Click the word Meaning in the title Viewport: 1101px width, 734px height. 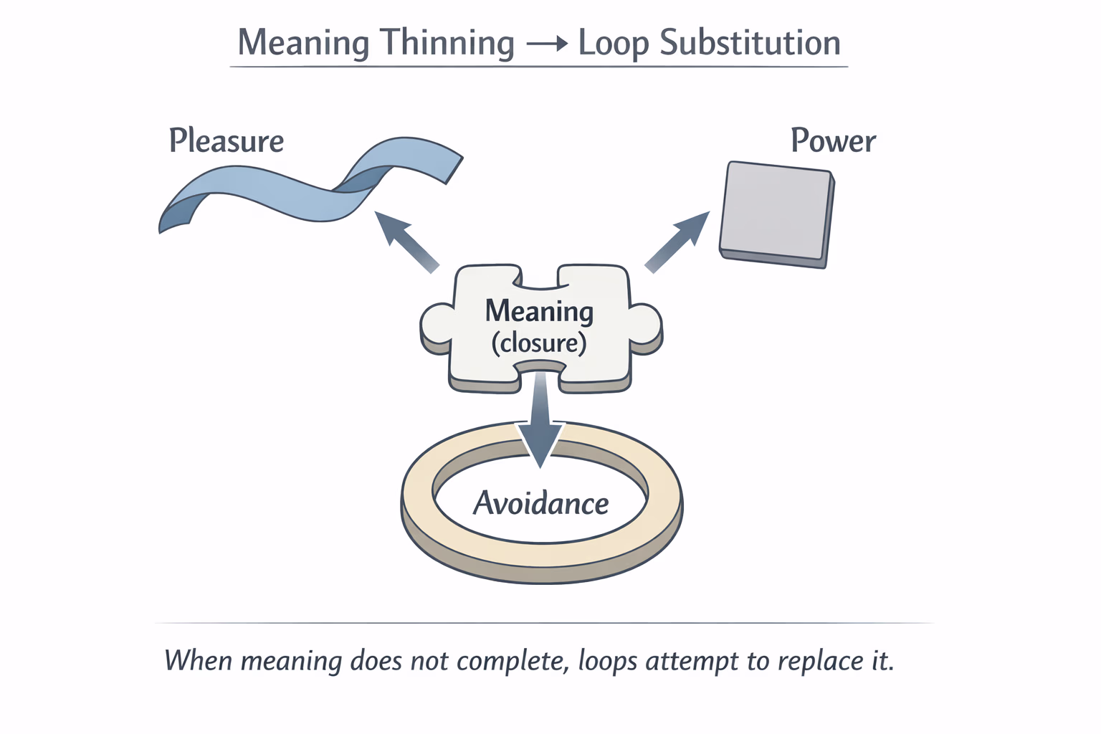[x=305, y=43]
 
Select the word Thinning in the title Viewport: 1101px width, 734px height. [x=447, y=43]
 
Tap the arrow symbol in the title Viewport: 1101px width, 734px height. [x=546, y=44]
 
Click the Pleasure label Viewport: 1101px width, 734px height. [x=227, y=140]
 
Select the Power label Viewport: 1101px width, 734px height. [x=833, y=140]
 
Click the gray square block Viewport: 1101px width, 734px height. [x=776, y=213]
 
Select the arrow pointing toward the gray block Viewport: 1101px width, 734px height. [x=677, y=242]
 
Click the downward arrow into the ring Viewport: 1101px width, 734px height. [x=540, y=423]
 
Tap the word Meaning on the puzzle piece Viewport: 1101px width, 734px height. [x=539, y=311]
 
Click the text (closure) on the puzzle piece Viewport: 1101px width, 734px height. [x=539, y=343]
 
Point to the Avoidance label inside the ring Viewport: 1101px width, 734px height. [x=541, y=504]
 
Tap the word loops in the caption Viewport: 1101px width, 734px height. [x=608, y=660]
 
